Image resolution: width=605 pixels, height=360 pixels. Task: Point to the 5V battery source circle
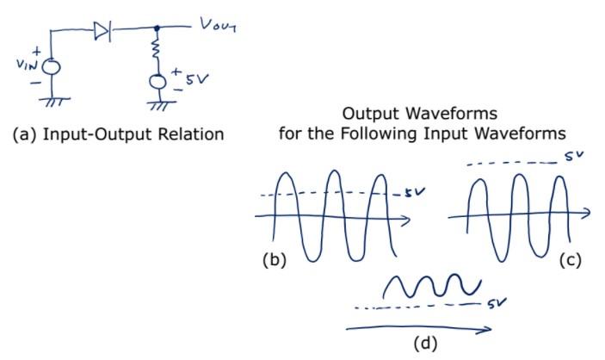click(157, 83)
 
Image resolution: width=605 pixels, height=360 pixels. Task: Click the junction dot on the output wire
click(156, 29)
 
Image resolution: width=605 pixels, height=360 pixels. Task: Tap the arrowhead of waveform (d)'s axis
click(489, 328)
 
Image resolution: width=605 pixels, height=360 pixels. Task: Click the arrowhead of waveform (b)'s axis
click(417, 219)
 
